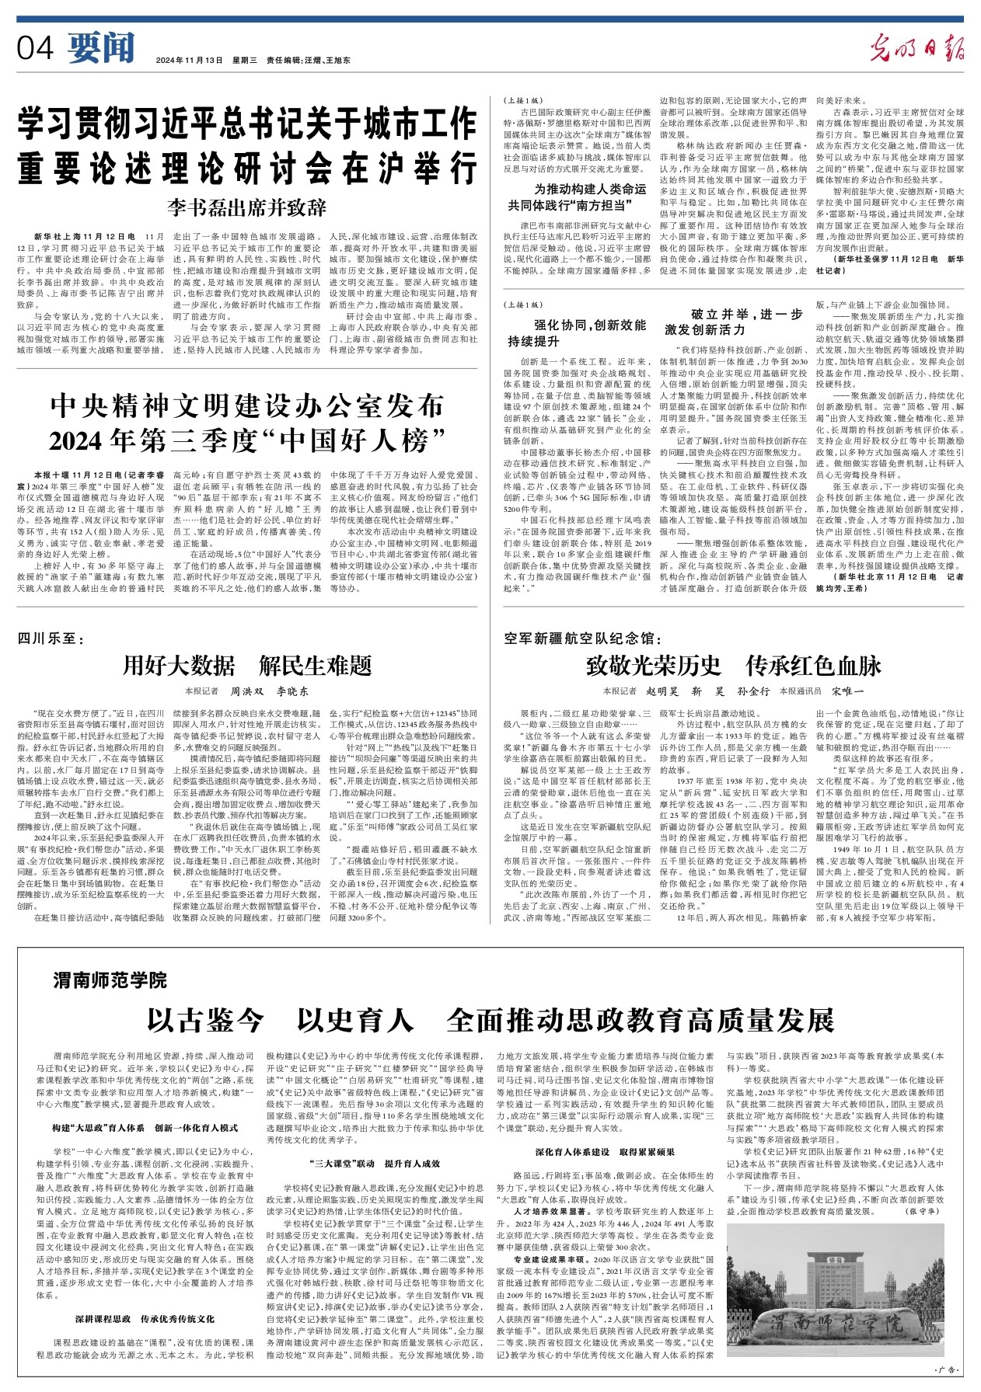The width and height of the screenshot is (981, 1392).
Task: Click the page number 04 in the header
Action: [35, 48]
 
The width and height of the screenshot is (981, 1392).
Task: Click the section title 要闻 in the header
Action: [101, 48]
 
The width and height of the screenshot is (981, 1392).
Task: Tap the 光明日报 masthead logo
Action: [916, 48]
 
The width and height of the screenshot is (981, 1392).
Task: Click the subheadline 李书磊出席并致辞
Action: [246, 207]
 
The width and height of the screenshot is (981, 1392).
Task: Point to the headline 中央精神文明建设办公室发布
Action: [246, 405]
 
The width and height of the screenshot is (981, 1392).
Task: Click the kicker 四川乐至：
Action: [47, 639]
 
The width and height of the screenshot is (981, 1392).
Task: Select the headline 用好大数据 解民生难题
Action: [247, 665]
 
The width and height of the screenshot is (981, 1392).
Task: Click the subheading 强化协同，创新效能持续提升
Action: [578, 332]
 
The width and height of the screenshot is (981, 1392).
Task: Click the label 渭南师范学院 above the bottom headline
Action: [110, 980]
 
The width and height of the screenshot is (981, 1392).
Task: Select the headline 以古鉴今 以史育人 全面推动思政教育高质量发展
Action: [490, 1018]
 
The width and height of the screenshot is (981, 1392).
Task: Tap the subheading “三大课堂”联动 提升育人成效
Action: [374, 1163]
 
